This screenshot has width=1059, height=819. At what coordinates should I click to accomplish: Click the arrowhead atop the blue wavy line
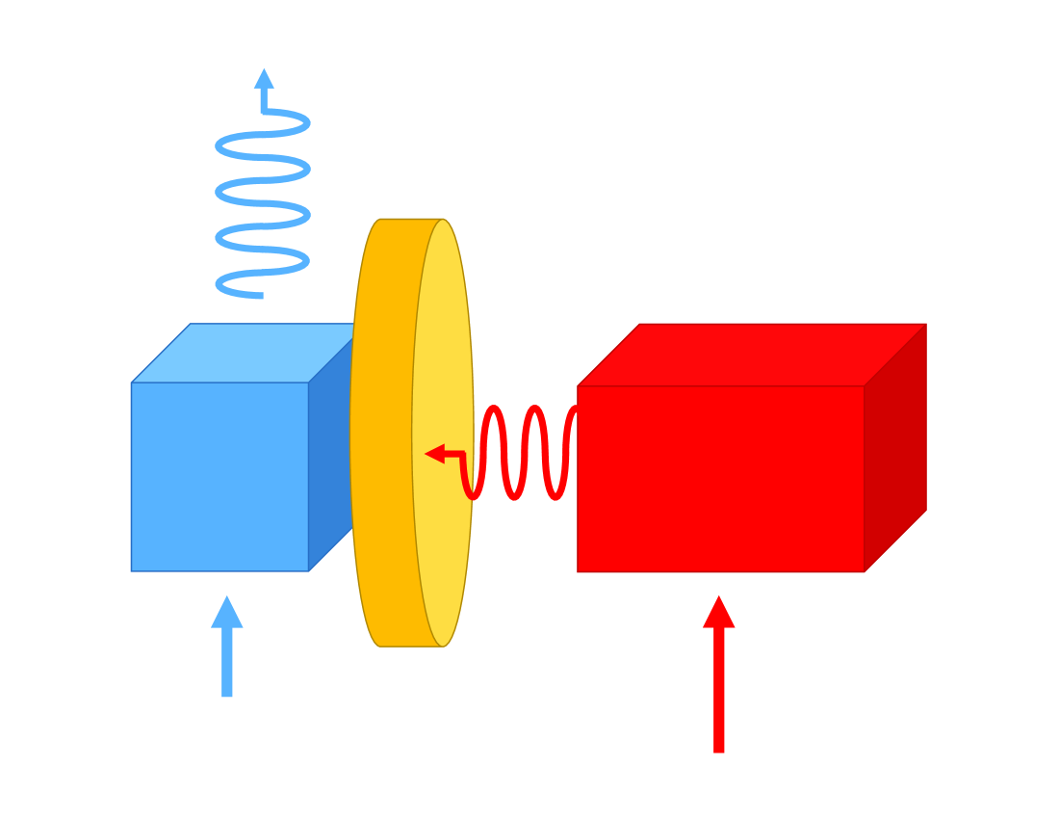(x=264, y=79)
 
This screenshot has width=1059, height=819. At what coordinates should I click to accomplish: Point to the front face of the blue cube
(x=220, y=477)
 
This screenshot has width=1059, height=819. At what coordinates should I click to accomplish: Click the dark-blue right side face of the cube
(x=329, y=462)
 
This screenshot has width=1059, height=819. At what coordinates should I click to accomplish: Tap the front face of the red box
(x=720, y=479)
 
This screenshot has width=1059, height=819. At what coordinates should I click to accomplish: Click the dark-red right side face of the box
(x=895, y=448)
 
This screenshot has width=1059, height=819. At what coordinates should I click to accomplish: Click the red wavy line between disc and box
(x=514, y=453)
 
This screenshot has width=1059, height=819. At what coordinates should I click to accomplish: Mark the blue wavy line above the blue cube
(x=262, y=202)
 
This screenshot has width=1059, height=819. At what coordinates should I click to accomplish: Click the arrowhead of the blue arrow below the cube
(x=227, y=613)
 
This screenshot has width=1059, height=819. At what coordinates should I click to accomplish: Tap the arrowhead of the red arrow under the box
(x=718, y=613)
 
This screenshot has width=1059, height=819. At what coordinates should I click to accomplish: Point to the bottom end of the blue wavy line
(x=258, y=295)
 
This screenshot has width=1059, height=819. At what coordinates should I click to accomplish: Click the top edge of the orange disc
(x=412, y=221)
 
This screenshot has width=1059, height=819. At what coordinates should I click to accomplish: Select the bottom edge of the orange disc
(x=412, y=645)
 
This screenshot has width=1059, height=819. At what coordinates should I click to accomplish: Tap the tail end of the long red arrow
(x=718, y=750)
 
